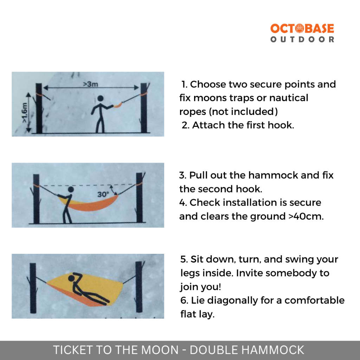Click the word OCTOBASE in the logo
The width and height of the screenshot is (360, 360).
[302, 29]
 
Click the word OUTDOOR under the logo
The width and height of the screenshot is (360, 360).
[302, 40]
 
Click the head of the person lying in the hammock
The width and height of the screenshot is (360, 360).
[72, 278]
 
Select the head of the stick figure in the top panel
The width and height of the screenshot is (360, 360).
[101, 99]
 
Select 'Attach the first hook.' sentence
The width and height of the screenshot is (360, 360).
[243, 126]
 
